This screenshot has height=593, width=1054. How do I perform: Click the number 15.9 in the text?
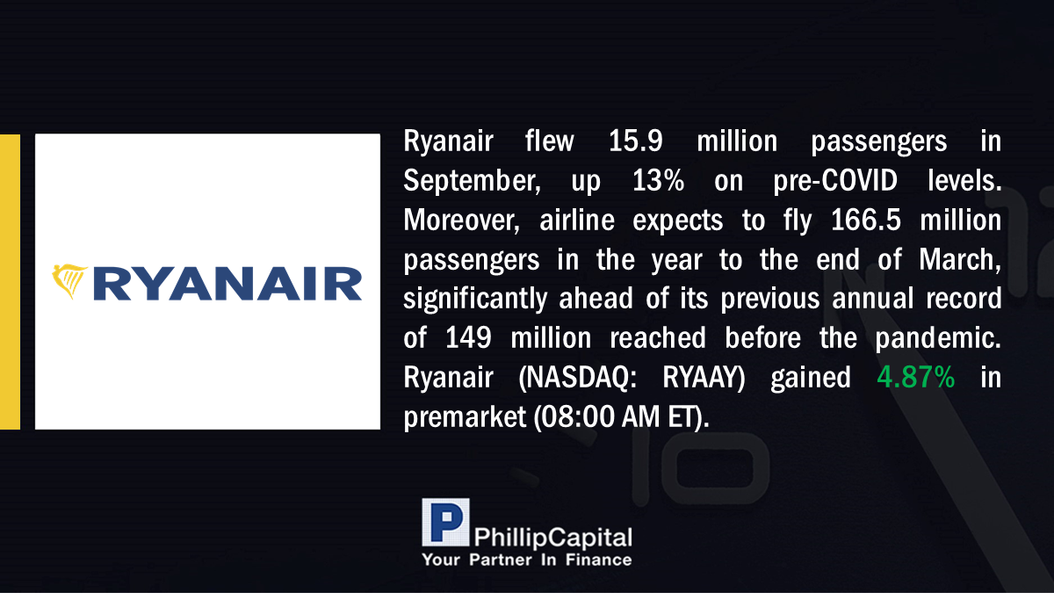636,141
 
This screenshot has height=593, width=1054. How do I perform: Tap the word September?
472,182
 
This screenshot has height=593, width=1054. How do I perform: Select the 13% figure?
658,180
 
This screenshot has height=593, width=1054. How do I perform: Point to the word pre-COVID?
835,182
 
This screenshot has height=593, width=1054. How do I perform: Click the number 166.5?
866,221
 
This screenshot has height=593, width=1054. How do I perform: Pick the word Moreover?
462,221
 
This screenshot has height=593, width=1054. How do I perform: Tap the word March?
960,261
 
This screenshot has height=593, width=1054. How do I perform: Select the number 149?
468,338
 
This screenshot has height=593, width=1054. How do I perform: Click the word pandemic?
938,339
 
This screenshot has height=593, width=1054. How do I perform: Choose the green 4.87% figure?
915,378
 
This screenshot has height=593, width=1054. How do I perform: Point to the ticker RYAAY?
704,378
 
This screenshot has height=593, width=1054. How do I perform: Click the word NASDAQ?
577,378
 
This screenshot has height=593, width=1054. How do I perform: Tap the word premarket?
465,418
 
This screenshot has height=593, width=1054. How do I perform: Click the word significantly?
475,300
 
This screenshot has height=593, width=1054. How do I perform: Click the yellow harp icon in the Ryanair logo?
69,281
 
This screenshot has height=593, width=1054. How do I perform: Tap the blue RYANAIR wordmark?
227,284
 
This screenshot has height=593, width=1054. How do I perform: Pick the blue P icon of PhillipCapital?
445,523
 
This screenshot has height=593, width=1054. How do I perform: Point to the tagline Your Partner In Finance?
527,560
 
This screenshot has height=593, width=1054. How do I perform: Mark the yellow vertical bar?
10,282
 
